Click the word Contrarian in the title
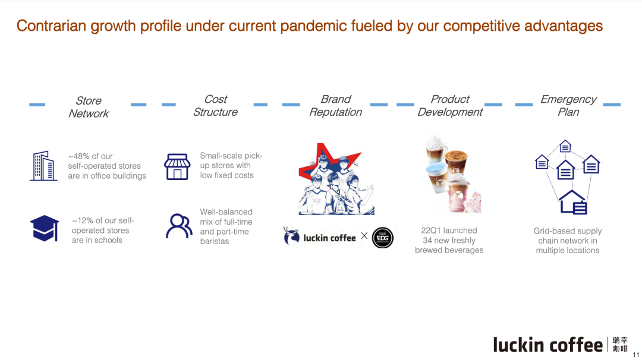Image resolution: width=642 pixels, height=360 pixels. pos(51,26)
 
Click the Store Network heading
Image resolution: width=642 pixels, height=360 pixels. pos(89,107)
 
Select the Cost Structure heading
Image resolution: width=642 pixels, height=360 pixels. pos(215,106)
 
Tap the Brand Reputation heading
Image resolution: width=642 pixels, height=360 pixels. pos(336,106)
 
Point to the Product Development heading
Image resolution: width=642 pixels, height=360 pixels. pos(450,106)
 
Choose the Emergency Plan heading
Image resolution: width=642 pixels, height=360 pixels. pos(568,106)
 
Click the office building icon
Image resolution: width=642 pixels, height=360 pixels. pos(43,166)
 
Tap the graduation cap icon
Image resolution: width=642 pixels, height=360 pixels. pos(45,228)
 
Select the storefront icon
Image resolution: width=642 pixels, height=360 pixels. pos(177,166)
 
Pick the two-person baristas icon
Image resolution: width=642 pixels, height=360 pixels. pos(179,226)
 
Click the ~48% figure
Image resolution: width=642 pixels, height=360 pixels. pos(78,156)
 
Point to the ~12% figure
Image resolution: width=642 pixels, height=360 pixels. pos(83,220)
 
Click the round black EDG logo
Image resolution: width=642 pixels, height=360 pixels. pos(383,238)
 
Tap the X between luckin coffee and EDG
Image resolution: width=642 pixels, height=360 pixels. pos(364,236)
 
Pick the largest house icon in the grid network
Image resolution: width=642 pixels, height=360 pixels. pos(573,202)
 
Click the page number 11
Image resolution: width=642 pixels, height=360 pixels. pos(636,355)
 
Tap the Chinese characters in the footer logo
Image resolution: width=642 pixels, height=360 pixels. pos(620,345)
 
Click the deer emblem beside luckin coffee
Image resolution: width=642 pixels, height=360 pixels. pos(291,236)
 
